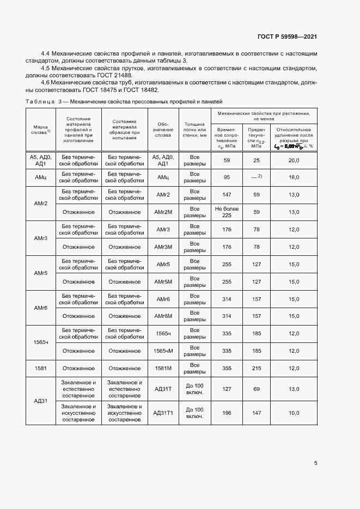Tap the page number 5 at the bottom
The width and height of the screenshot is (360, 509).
click(316, 463)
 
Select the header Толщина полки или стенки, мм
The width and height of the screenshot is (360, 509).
click(194, 131)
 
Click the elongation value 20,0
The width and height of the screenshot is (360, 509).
click(294, 160)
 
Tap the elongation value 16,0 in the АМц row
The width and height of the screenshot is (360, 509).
click(294, 177)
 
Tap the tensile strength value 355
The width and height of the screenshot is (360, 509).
click(227, 369)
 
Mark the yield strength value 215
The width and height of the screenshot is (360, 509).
click(257, 369)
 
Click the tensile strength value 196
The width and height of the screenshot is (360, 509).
click(227, 413)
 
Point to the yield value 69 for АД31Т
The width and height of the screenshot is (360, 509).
click(257, 389)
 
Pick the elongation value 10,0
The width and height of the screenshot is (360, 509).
click(294, 413)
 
